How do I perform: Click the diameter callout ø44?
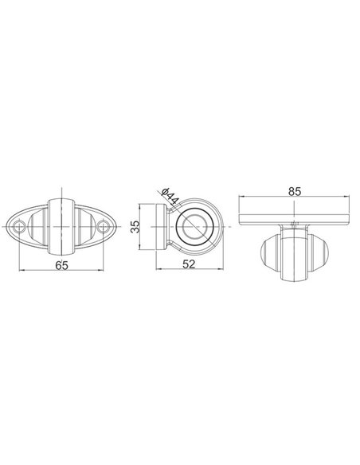(x=169, y=194)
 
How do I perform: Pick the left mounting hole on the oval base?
(x=22, y=229)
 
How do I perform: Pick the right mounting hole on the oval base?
(x=102, y=229)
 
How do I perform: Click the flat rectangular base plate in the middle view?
(x=168, y=229)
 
